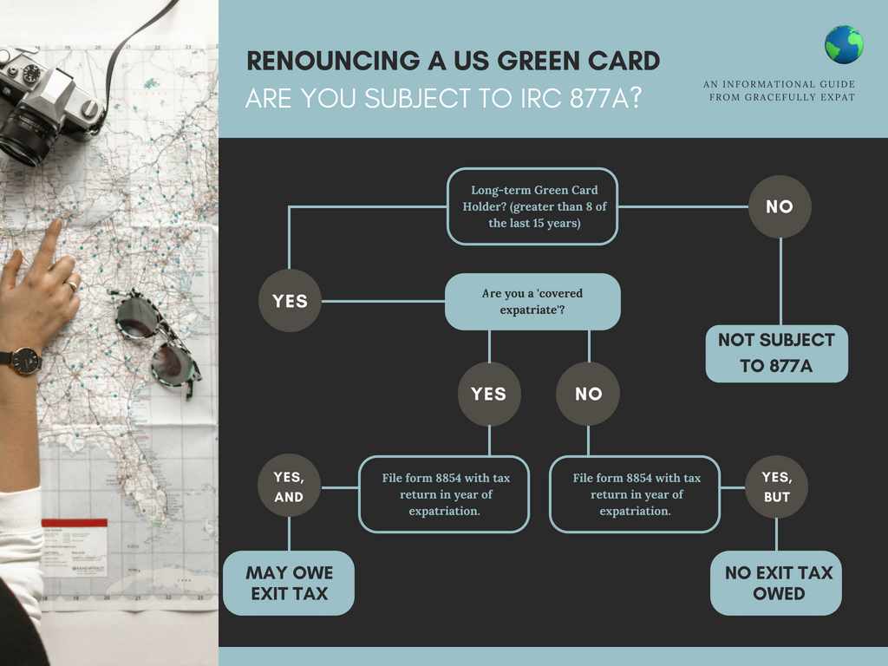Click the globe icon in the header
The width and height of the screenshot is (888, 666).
click(x=844, y=44)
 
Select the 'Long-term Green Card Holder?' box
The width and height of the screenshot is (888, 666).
click(x=533, y=206)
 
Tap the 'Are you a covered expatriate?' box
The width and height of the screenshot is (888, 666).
click(x=532, y=302)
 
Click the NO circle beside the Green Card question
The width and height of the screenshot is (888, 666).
click(x=780, y=207)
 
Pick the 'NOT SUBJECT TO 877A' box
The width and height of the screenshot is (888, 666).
click(x=776, y=353)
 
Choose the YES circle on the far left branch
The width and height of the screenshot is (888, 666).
click(x=290, y=301)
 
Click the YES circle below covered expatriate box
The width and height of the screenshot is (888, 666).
click(x=488, y=394)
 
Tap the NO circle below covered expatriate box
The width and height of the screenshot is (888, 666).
click(x=588, y=394)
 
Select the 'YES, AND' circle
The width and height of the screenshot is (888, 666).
click(x=289, y=486)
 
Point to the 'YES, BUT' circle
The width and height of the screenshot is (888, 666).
click(x=776, y=486)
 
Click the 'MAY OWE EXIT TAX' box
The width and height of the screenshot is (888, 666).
click(x=289, y=583)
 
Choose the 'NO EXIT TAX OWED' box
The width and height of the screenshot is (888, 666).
click(x=776, y=583)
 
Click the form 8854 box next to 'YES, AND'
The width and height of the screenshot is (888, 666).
click(x=444, y=494)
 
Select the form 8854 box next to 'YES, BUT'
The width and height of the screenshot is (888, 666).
click(x=635, y=494)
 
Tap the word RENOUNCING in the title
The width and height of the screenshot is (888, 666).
click(x=327, y=61)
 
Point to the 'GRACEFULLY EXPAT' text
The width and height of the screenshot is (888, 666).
click(x=781, y=97)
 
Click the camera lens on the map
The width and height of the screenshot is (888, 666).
click(x=23, y=134)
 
